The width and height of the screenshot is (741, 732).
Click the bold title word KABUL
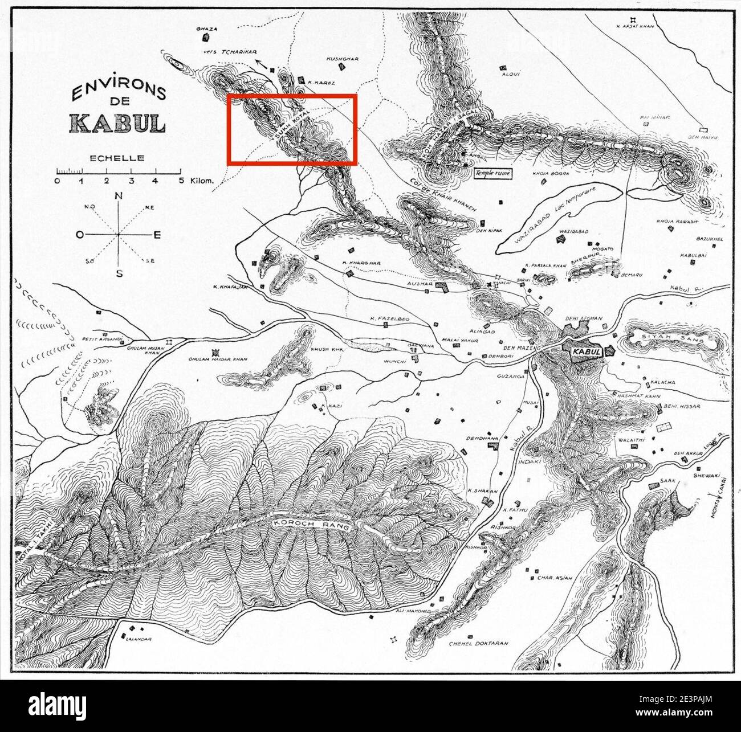[117, 123]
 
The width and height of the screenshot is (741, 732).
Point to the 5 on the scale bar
[181, 181]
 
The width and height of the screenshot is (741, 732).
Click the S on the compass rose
[119, 273]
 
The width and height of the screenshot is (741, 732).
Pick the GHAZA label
[203, 27]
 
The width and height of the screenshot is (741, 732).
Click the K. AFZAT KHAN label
[636, 26]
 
